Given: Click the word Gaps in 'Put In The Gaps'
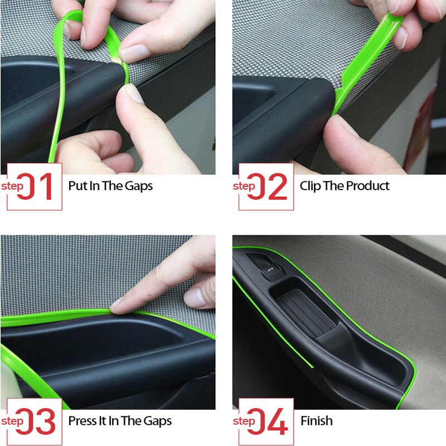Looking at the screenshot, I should coord(139,186).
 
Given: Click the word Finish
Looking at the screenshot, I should coord(316,421).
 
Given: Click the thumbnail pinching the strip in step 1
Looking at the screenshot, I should coord(134,53).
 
